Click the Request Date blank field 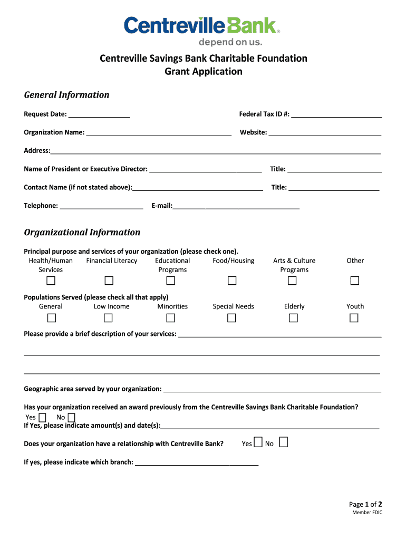coord(99,114)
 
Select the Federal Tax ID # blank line coord(336,114)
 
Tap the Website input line coord(325,133)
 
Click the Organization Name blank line coord(159,133)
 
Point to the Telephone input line coord(101,206)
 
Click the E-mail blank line coord(236,206)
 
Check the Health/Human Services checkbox coord(52,281)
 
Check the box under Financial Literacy coord(109,281)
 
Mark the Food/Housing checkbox coord(231,281)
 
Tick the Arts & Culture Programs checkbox coord(293,281)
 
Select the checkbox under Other coord(354,281)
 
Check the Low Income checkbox coord(108,317)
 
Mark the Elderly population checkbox coord(293,317)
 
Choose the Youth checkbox coord(354,317)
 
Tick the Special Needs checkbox coord(231,317)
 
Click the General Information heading coord(66,95)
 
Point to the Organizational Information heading coord(82,233)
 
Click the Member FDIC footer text coord(367,513)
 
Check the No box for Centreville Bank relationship coord(283,442)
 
